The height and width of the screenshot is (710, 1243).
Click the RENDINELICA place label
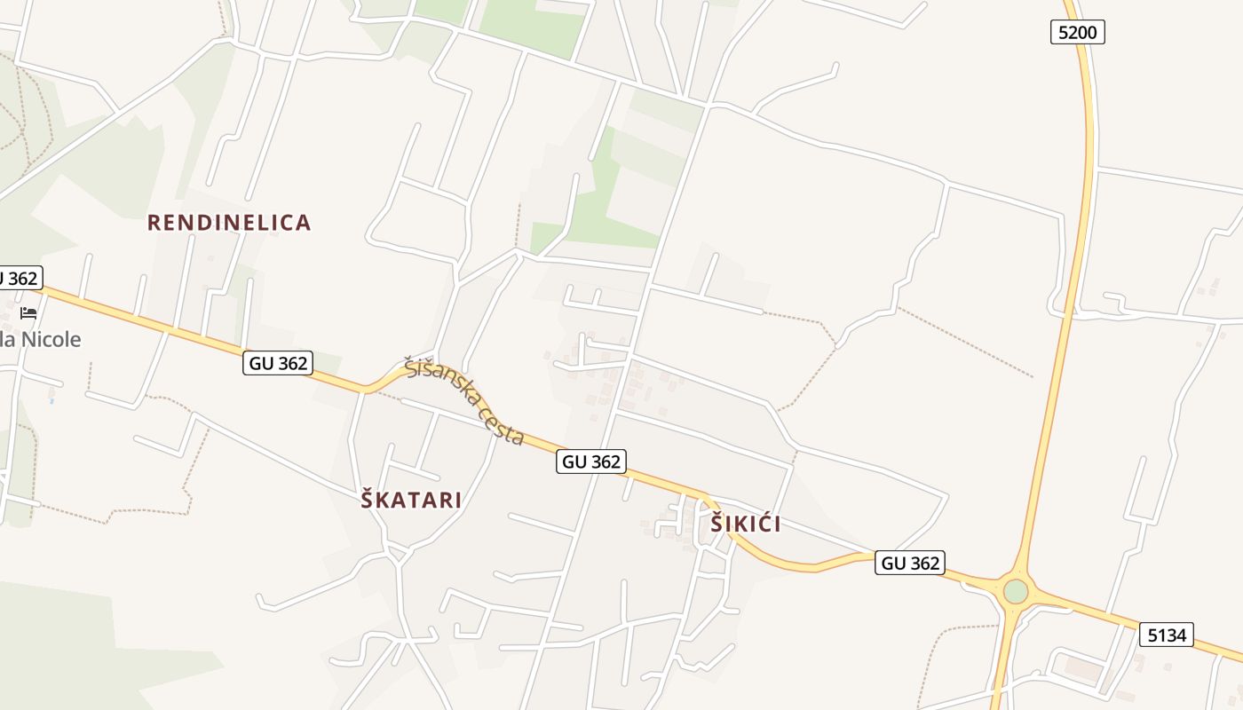coord(229,223)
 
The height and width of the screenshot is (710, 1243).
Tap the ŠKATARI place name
coord(411,500)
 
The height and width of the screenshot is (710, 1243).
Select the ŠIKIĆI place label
coord(746,525)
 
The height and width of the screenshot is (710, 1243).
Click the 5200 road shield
coord(1078,33)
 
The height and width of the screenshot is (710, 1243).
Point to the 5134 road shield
coord(1167,635)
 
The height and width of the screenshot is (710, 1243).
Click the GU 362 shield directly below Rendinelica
coord(278,362)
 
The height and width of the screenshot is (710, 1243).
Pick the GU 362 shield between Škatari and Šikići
coord(591,461)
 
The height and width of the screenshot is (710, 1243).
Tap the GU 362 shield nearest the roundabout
coord(910,563)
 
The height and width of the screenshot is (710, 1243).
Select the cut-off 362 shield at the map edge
coord(18,278)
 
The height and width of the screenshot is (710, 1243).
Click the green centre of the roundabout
coord(1016,591)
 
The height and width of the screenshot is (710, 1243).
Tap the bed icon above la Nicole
coord(28,313)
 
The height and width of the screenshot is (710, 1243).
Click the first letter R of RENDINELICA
coord(153,223)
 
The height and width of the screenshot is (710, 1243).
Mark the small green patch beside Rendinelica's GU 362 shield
coord(328,362)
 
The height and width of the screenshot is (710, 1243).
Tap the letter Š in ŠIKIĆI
coord(717,525)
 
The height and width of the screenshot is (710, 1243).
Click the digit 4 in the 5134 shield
coord(1181,635)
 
